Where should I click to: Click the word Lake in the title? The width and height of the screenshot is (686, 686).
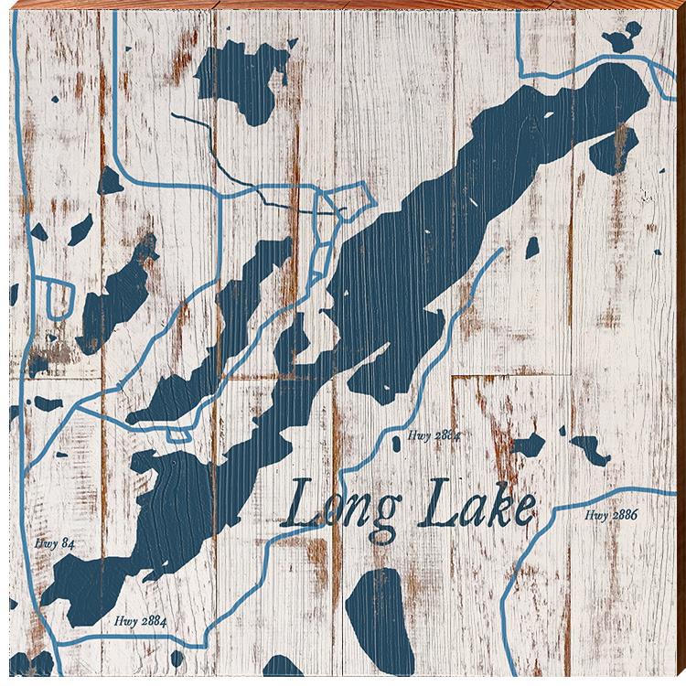(x=474, y=509)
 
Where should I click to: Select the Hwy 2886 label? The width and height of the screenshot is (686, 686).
(x=610, y=516)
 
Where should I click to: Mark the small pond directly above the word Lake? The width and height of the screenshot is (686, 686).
(x=528, y=446)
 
